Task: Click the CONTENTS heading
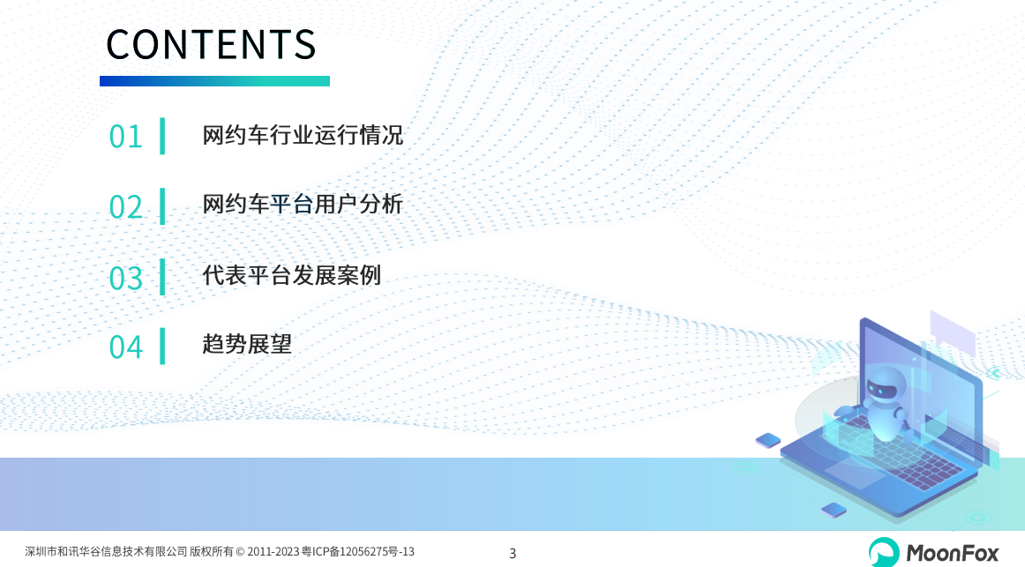click(211, 44)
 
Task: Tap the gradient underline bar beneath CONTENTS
click(214, 81)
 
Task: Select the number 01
click(125, 138)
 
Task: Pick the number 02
click(125, 207)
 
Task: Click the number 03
click(125, 279)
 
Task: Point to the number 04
click(125, 347)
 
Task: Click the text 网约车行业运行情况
click(303, 135)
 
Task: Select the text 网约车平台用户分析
click(303, 205)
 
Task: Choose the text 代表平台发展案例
click(292, 275)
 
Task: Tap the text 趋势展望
click(247, 344)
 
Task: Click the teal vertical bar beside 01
click(162, 136)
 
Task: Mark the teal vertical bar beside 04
click(162, 347)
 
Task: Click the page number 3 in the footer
click(512, 553)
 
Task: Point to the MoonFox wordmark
click(953, 554)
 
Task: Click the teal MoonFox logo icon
click(884, 552)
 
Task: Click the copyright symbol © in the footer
click(240, 552)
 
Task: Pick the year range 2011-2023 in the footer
click(273, 552)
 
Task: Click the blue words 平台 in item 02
click(292, 205)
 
